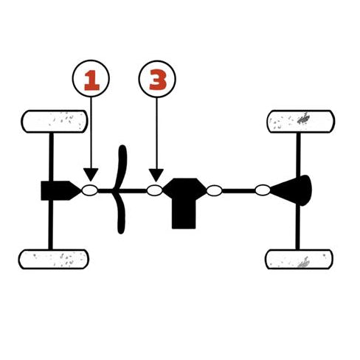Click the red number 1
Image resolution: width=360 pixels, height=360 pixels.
click(x=91, y=80)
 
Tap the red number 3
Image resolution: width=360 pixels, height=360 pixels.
click(x=158, y=80)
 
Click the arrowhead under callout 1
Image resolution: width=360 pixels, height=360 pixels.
click(x=91, y=175)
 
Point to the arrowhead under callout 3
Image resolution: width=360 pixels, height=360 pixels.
click(x=156, y=176)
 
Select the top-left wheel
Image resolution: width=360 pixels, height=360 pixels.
click(x=55, y=122)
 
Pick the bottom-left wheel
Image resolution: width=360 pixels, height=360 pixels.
click(x=54, y=259)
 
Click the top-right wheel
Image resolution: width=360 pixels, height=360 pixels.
click(x=300, y=122)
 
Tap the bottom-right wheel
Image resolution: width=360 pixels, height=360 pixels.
click(x=299, y=259)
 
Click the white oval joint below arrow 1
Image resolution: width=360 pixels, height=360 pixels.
click(x=90, y=190)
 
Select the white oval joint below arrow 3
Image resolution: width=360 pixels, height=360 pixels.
click(x=155, y=190)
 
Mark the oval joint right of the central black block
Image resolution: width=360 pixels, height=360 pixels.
click(x=214, y=190)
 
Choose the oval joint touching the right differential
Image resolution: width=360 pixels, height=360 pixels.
click(x=263, y=190)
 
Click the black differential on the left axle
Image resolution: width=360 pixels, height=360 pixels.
click(x=59, y=190)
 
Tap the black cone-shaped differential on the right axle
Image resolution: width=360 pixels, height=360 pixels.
click(x=293, y=190)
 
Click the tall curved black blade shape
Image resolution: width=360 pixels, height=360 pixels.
click(x=120, y=190)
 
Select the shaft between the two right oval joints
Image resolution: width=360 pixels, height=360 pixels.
click(x=238, y=191)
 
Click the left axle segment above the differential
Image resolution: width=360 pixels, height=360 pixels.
click(x=51, y=157)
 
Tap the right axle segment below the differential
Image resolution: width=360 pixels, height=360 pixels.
click(x=297, y=227)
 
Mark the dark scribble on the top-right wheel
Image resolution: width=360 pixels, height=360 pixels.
click(x=304, y=119)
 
